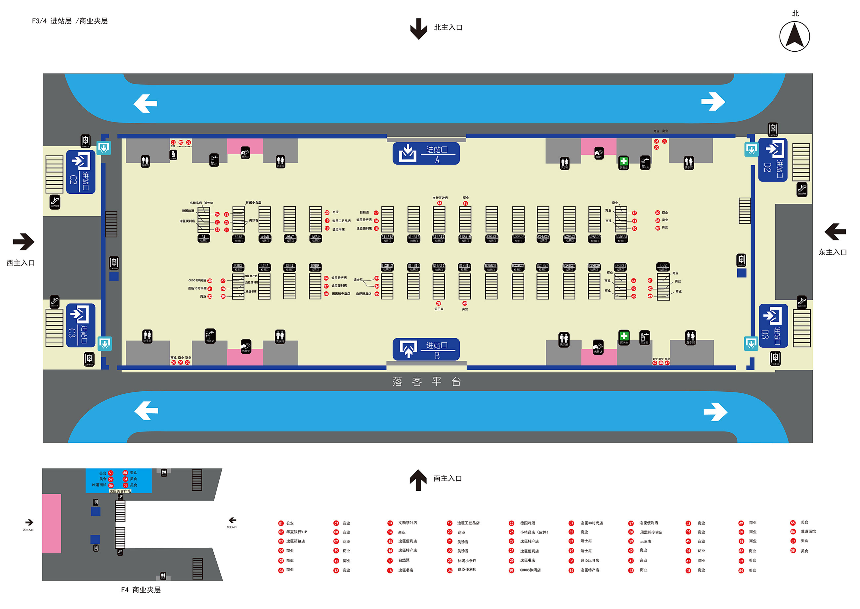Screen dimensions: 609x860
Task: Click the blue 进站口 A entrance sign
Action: pyautogui.click(x=426, y=153)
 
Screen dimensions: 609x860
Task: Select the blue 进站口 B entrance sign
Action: pyautogui.click(x=426, y=349)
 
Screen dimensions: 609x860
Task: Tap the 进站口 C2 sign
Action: pyautogui.click(x=80, y=172)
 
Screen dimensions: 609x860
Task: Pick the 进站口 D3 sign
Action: pyautogui.click(x=773, y=326)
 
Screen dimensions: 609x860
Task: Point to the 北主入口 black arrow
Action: pyautogui.click(x=418, y=28)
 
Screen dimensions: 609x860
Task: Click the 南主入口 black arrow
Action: pyautogui.click(x=418, y=480)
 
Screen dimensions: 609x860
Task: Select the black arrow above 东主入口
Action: pyautogui.click(x=835, y=232)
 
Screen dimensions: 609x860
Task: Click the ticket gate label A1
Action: pyautogui.click(x=203, y=238)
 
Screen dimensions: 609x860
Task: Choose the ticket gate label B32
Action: pyautogui.click(x=663, y=267)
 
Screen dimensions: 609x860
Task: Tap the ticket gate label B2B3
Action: pyautogui.click(x=238, y=267)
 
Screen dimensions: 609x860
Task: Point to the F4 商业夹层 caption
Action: pyautogui.click(x=141, y=590)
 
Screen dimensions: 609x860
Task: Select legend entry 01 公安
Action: pyautogui.click(x=286, y=523)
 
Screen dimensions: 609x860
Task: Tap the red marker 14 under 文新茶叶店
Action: pyautogui.click(x=439, y=203)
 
